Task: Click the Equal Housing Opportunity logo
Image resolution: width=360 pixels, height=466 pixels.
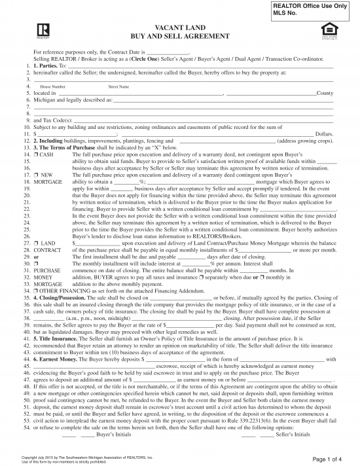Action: click(328, 29)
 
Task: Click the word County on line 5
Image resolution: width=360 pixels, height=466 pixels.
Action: click(325, 94)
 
